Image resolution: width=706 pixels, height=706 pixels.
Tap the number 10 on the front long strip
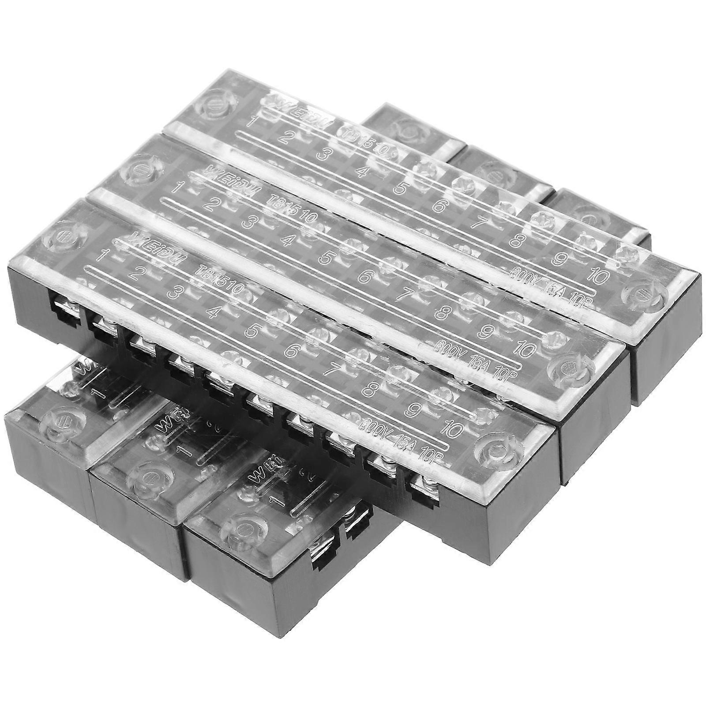point(456,427)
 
